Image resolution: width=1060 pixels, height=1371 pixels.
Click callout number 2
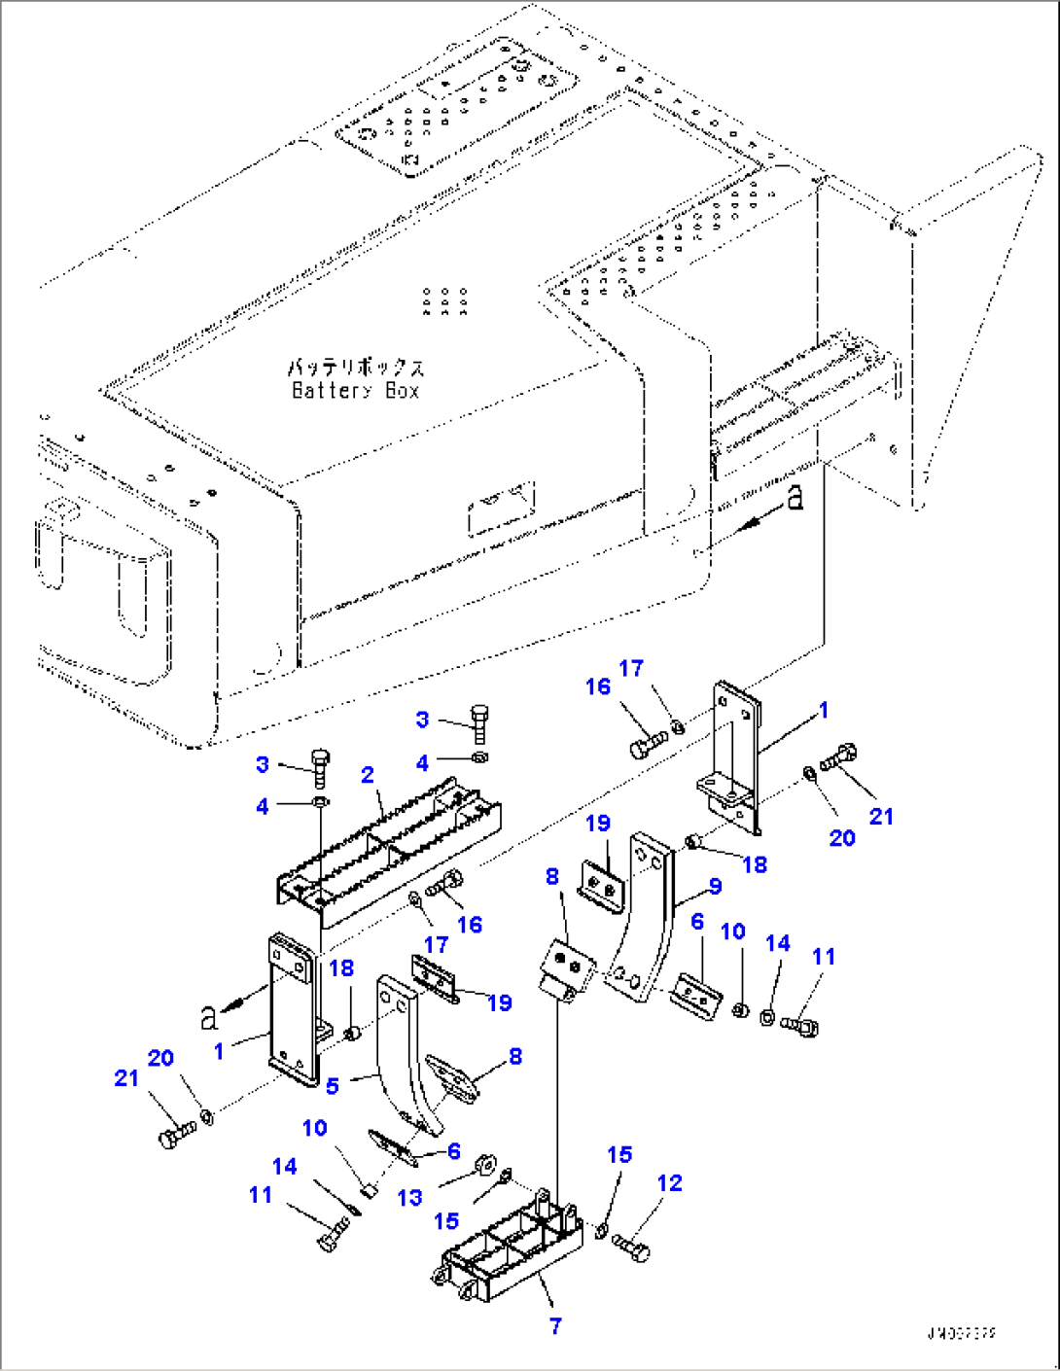(x=367, y=775)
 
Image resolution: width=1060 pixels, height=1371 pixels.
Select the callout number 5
(x=333, y=1086)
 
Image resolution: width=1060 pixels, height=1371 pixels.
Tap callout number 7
(x=555, y=1326)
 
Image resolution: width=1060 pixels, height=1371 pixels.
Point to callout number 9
(x=716, y=886)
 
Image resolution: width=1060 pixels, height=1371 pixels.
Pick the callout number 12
(x=669, y=1183)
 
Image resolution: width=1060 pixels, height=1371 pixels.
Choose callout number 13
(x=410, y=1197)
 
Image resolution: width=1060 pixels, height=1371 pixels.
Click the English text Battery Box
(x=356, y=391)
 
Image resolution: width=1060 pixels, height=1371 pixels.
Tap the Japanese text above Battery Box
(x=356, y=368)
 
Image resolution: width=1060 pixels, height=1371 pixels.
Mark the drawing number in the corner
(x=961, y=1334)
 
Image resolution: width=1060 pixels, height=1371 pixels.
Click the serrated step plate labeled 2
(x=389, y=846)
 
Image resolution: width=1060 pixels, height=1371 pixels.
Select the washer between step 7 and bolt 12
(x=601, y=1232)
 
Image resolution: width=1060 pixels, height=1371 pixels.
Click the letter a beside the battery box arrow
(x=795, y=499)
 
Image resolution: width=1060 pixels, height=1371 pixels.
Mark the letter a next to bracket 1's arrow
(x=208, y=1018)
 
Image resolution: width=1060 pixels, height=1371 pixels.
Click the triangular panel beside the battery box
(x=963, y=321)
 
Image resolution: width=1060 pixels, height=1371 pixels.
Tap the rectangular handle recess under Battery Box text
(x=502, y=507)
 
